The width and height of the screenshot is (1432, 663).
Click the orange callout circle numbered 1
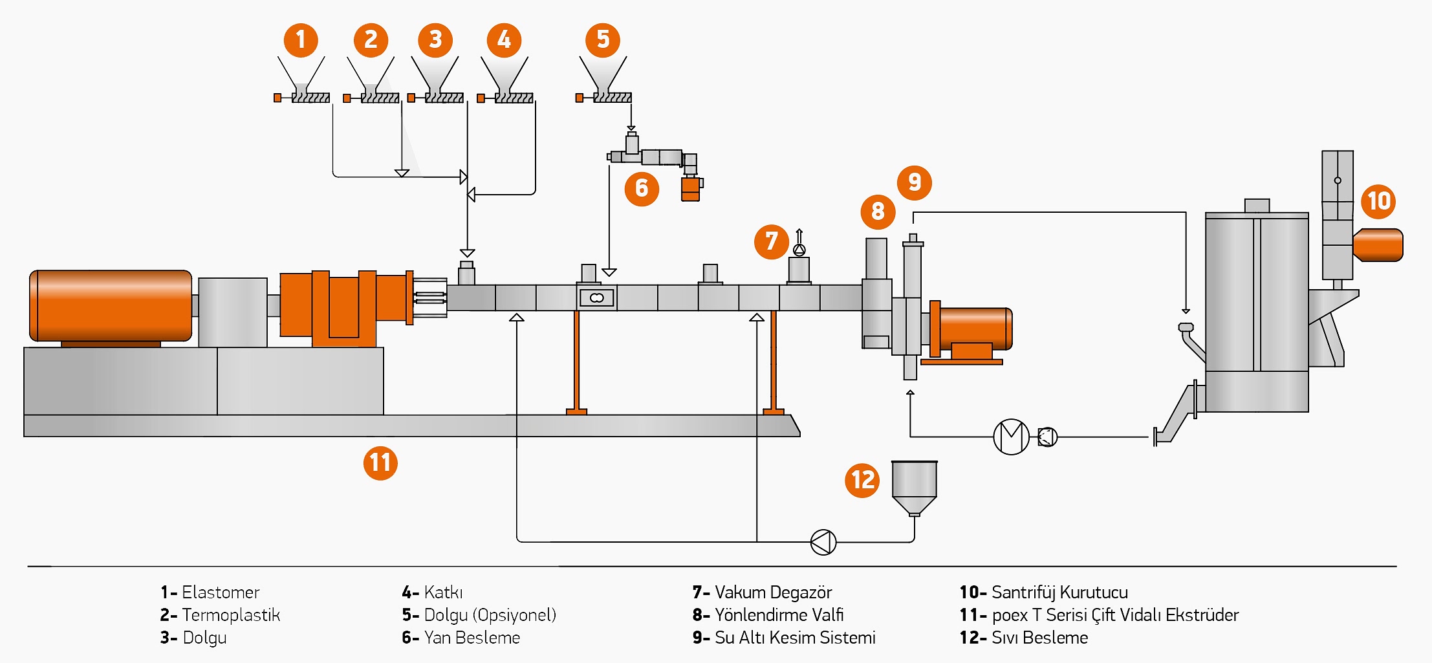(301, 39)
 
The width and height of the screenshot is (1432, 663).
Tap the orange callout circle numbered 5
(603, 39)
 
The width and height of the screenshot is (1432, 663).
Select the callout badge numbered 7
(771, 242)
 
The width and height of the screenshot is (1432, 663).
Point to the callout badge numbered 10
(1378, 201)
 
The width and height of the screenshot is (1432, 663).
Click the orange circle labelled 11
(380, 463)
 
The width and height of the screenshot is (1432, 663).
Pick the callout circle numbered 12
(862, 480)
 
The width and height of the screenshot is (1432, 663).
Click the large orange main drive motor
(111, 305)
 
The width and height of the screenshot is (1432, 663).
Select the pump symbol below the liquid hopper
(823, 542)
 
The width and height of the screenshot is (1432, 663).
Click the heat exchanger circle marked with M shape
(1011, 437)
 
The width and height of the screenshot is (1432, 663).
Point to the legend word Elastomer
(220, 592)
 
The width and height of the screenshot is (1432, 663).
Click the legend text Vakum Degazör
(773, 592)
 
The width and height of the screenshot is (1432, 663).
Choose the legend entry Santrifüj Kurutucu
(1059, 592)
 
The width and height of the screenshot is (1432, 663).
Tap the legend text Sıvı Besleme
(1039, 638)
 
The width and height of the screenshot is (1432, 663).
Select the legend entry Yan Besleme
(472, 638)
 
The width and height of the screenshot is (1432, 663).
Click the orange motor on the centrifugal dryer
(1378, 245)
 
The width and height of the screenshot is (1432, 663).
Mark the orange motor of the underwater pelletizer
(972, 329)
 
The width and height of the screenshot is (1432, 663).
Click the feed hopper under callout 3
(435, 74)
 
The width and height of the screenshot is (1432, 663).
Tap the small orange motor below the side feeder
(691, 189)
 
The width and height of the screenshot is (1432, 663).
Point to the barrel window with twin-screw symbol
(596, 298)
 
